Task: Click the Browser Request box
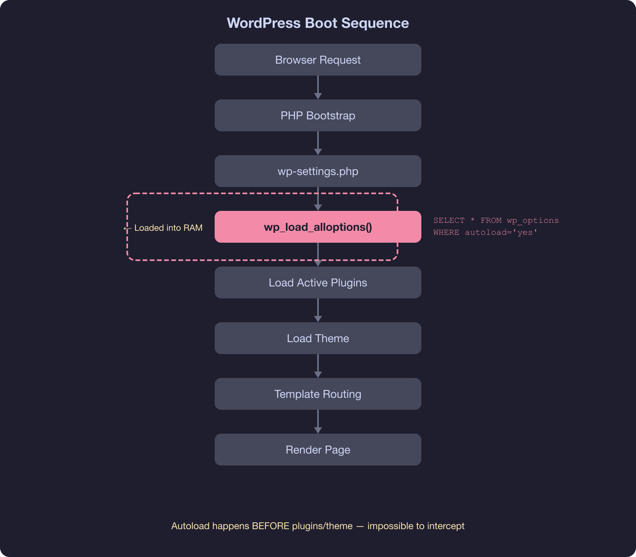pyautogui.click(x=318, y=60)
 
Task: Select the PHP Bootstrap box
pyautogui.click(x=318, y=115)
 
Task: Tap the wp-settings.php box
pyautogui.click(x=318, y=171)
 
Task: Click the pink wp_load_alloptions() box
pyautogui.click(x=318, y=227)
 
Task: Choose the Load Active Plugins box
pyautogui.click(x=318, y=282)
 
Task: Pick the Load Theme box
pyautogui.click(x=318, y=338)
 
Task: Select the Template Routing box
pyautogui.click(x=318, y=394)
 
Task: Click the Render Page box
pyautogui.click(x=318, y=450)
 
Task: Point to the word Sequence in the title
pyautogui.click(x=375, y=23)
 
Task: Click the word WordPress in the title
pyautogui.click(x=264, y=23)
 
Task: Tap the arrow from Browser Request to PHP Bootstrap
pyautogui.click(x=318, y=88)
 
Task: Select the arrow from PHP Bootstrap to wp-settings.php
pyautogui.click(x=318, y=143)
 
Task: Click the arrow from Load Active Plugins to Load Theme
pyautogui.click(x=318, y=310)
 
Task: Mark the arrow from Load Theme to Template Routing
pyautogui.click(x=318, y=366)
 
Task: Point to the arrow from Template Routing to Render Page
pyautogui.click(x=318, y=422)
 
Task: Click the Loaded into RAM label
pyautogui.click(x=168, y=228)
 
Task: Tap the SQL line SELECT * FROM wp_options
pyautogui.click(x=496, y=220)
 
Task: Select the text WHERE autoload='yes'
pyautogui.click(x=485, y=232)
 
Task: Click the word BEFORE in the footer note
pyautogui.click(x=271, y=526)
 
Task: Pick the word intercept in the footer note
pyautogui.click(x=446, y=526)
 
